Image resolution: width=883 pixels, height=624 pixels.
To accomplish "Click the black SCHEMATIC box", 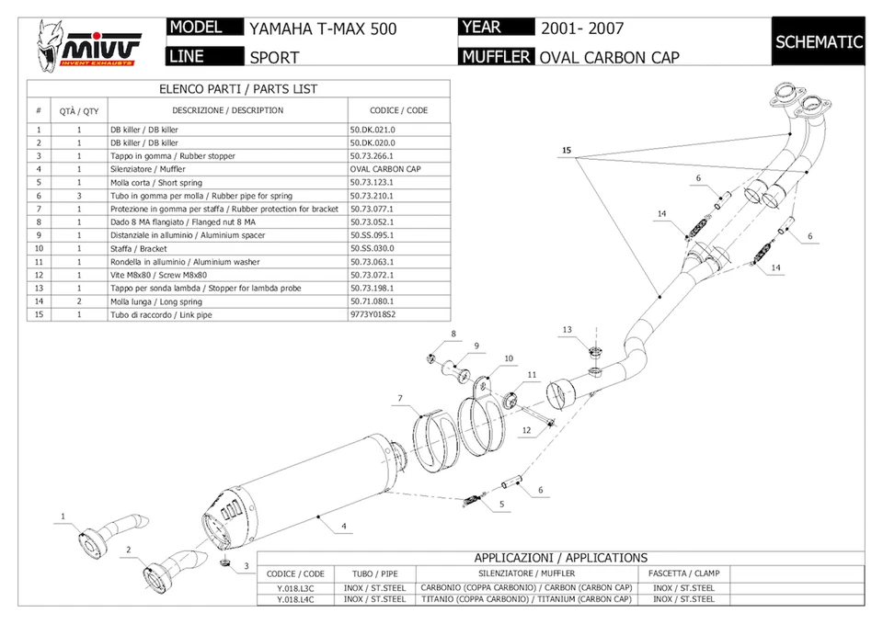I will coord(819,41).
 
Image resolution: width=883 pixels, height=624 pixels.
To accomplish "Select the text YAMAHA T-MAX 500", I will coord(323,28).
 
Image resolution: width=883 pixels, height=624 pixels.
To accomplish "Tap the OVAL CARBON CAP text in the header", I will coord(609,57).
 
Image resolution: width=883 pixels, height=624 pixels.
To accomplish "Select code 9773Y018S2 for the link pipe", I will coord(373,314).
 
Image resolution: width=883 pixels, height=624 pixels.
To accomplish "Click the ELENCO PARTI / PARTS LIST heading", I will coord(238,89).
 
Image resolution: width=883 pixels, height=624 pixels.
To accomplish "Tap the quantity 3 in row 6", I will coord(79,196).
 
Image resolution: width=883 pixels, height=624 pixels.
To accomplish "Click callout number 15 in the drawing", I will coord(567,149).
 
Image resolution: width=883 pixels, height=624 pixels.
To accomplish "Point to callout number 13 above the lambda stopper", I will coord(568,329).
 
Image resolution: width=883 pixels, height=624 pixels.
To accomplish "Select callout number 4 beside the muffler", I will coord(344,527).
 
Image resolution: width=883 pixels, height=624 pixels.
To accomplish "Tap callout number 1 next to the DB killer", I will coord(63,516).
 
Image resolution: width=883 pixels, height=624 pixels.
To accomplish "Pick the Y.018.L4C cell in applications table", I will coord(295,599).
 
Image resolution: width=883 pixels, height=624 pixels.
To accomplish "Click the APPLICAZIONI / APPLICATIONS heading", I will coord(560,557).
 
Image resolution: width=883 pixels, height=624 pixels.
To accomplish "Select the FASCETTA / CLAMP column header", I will coord(683,573).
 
